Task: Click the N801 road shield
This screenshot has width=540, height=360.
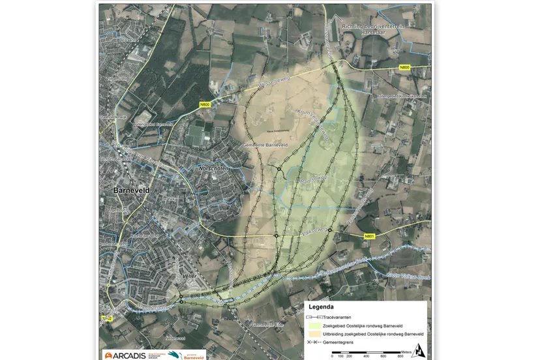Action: coord(370,236)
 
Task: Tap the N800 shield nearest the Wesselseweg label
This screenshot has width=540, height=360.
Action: coord(205,104)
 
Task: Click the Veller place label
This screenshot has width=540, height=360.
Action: coord(190,277)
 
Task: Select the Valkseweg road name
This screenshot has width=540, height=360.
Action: coord(313,231)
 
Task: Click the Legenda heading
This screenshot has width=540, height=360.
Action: coord(322,307)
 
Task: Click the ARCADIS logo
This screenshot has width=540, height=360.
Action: coord(125,355)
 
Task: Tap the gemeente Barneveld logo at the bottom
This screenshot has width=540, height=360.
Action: coord(187,355)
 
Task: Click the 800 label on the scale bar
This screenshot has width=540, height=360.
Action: coord(400,356)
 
